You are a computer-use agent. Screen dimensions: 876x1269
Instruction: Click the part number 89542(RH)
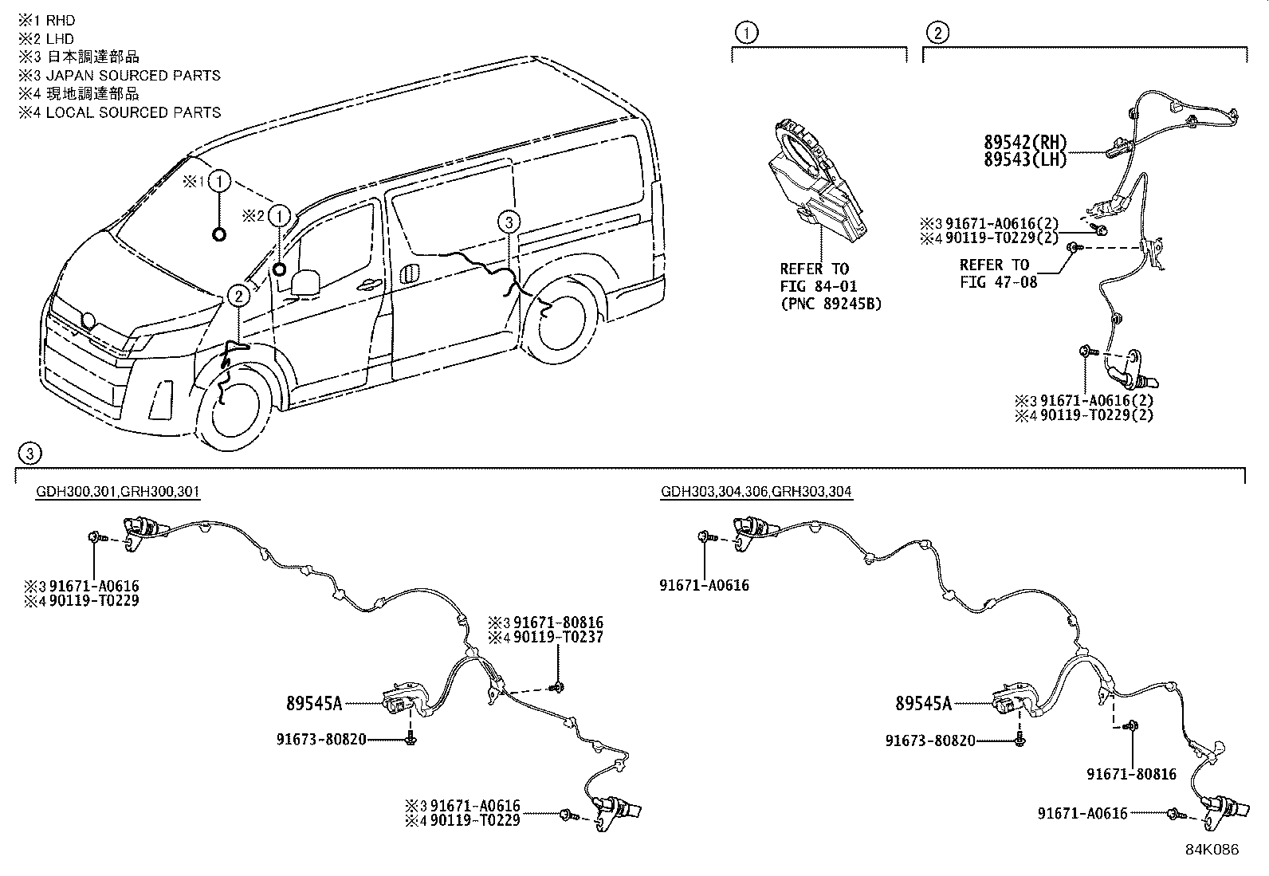point(1024,143)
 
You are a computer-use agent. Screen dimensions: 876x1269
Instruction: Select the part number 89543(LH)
point(1024,159)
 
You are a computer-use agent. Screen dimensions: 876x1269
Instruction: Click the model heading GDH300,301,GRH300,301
point(118,492)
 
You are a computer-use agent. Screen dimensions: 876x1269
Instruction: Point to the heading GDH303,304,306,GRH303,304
point(756,492)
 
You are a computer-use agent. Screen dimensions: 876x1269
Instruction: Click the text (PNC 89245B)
point(831,304)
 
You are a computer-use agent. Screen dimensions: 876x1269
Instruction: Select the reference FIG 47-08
point(999,281)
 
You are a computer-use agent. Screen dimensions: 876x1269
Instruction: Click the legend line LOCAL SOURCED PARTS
point(133,112)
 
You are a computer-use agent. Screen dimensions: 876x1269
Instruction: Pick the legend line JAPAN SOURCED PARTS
point(133,76)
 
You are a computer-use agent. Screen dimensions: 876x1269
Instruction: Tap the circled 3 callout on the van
point(509,222)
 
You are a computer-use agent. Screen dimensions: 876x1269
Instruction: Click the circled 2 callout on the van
point(238,297)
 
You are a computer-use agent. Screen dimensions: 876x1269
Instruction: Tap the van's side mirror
point(306,282)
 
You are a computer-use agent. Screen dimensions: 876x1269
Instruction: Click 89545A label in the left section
point(313,703)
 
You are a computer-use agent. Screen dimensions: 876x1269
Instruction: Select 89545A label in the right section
point(923,703)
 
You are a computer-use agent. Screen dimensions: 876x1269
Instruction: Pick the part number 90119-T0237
point(557,638)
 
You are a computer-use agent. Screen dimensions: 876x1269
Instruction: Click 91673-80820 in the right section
point(930,740)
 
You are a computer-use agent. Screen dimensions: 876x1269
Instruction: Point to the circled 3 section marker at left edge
point(29,454)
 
